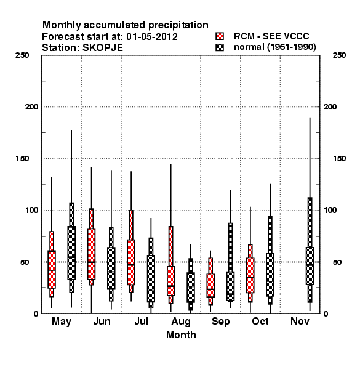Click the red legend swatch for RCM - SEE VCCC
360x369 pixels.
click(x=220, y=36)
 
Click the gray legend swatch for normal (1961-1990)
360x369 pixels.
click(x=220, y=47)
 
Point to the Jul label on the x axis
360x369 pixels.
click(x=142, y=321)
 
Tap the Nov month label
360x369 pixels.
click(x=300, y=321)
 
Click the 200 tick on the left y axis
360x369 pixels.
click(x=31, y=107)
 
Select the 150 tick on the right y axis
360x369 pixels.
click(x=339, y=159)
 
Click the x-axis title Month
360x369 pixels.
click(x=181, y=335)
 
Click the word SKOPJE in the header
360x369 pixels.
click(x=103, y=48)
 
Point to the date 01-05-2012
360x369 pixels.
click(x=152, y=37)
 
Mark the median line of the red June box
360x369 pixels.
click(x=91, y=262)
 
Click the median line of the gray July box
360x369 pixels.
click(x=151, y=290)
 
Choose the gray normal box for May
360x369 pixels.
click(x=71, y=253)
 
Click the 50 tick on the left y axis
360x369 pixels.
click(x=25, y=262)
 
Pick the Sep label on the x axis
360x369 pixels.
click(x=220, y=322)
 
